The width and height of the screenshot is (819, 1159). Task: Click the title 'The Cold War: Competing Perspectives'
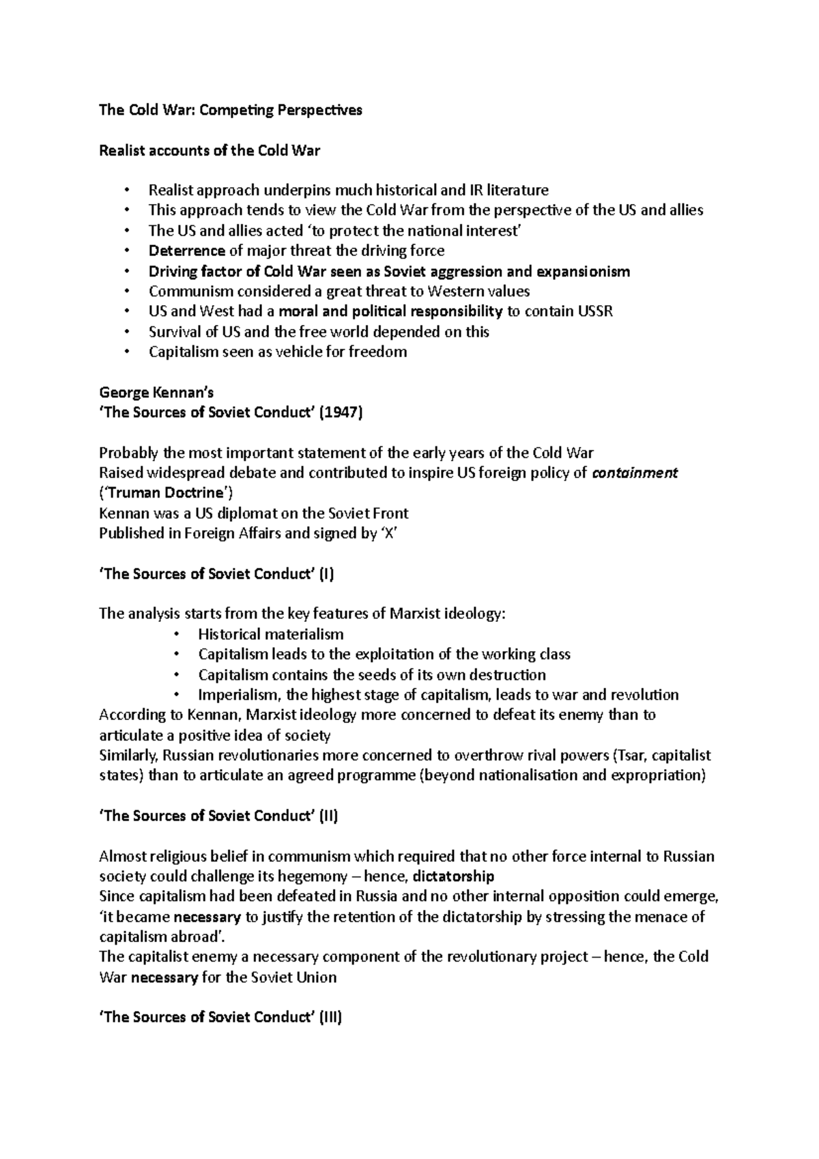[231, 110]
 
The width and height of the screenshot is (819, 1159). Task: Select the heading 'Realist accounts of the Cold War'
[210, 150]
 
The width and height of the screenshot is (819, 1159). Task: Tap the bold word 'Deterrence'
[186, 251]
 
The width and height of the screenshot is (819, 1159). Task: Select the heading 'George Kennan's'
[156, 392]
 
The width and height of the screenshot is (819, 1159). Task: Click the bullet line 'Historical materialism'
[271, 634]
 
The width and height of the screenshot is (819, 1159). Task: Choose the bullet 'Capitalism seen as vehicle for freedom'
[278, 352]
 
